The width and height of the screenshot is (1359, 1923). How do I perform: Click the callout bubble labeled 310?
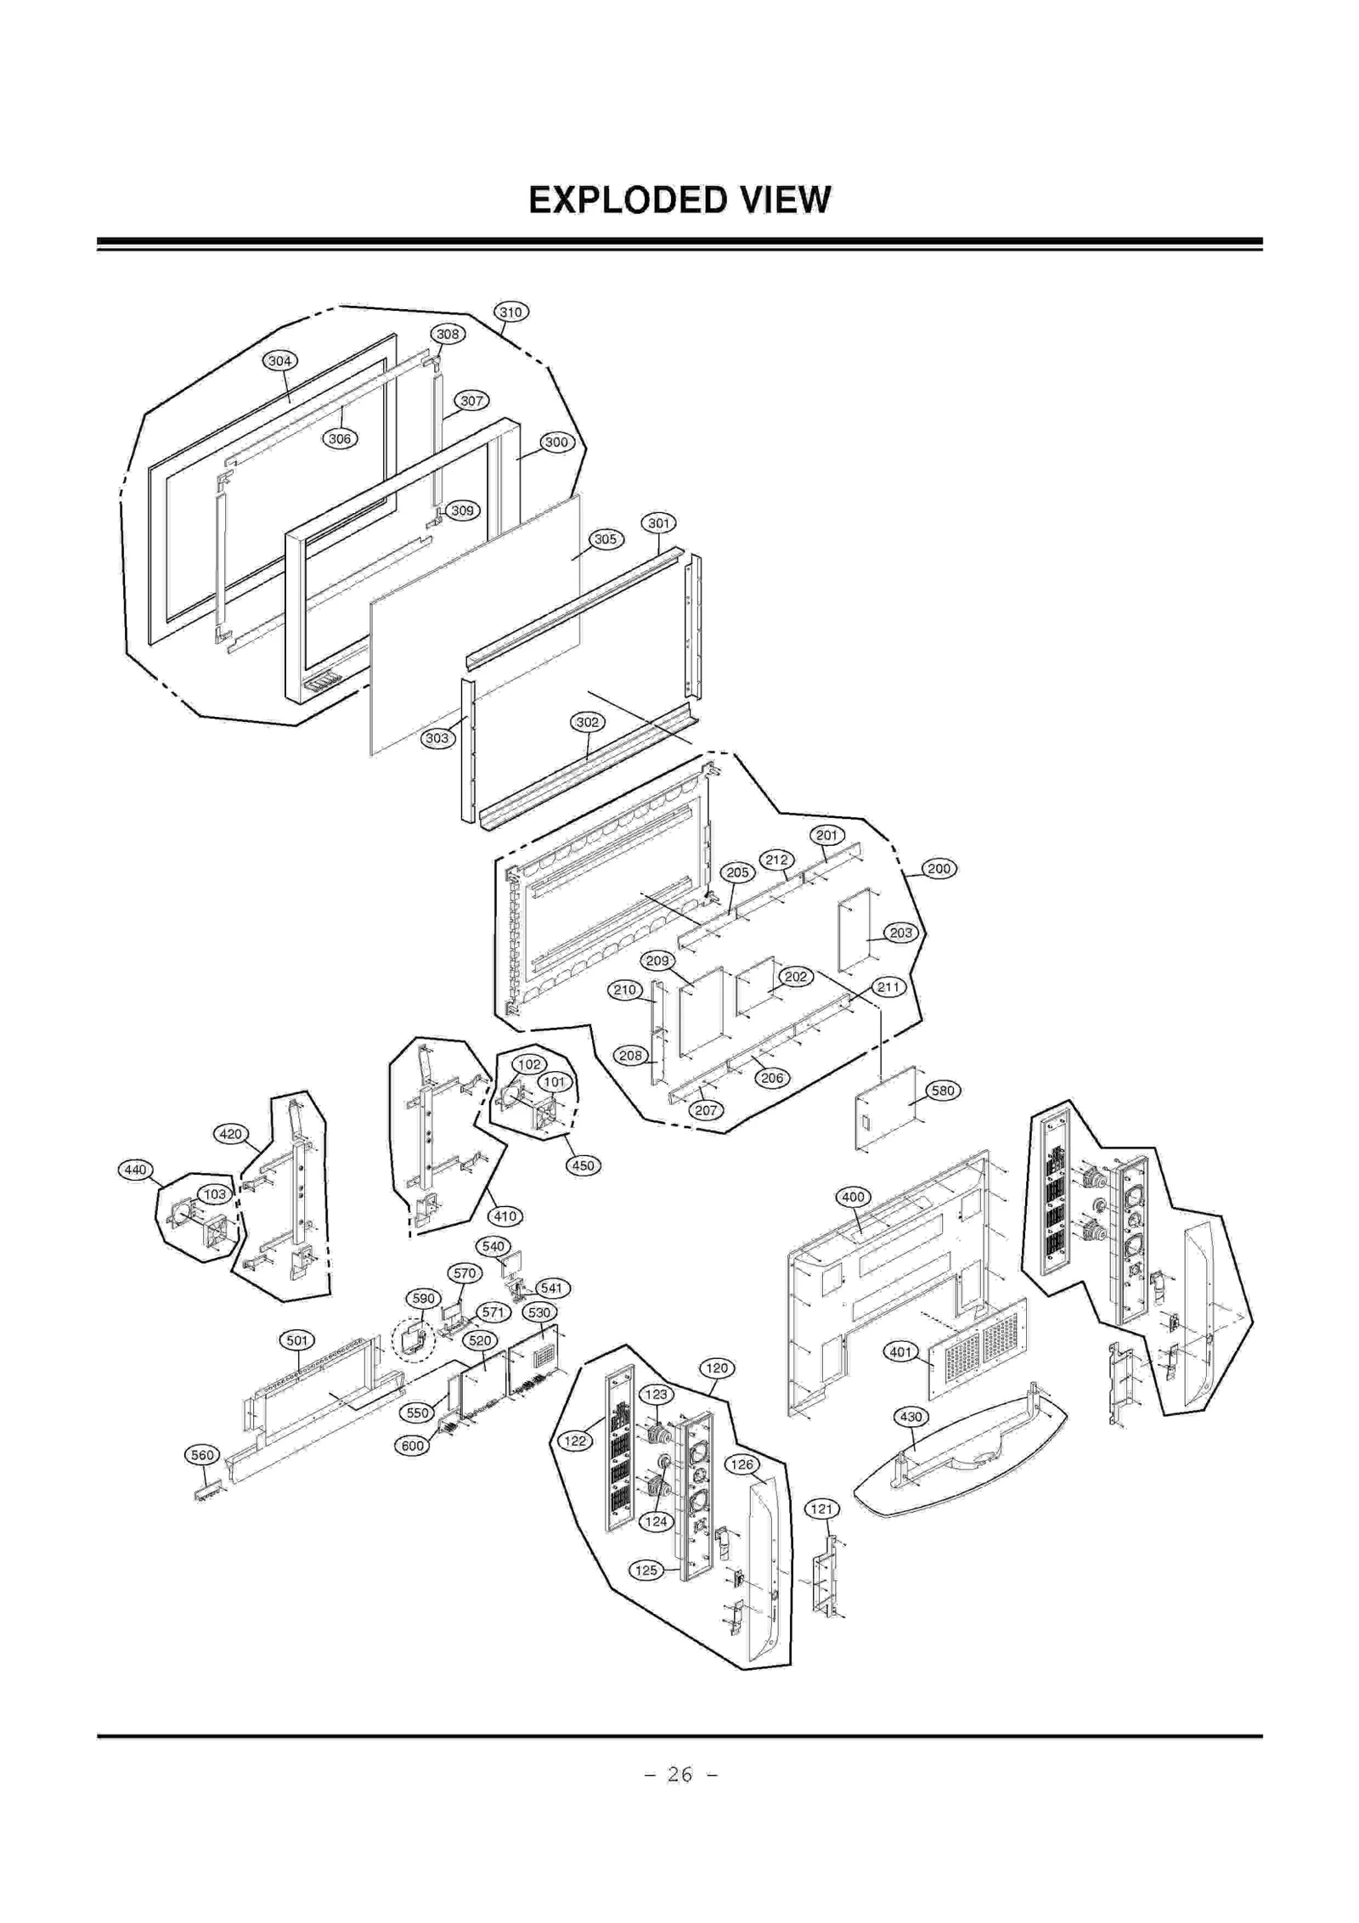pyautogui.click(x=510, y=312)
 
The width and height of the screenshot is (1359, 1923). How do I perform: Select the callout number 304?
pyautogui.click(x=280, y=361)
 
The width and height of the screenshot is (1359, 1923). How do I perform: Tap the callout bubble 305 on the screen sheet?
pyautogui.click(x=606, y=539)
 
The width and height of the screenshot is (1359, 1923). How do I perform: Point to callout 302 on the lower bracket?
pyautogui.click(x=588, y=722)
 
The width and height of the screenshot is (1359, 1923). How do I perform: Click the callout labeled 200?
pyautogui.click(x=939, y=869)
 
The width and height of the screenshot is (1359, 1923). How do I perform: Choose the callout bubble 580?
pyautogui.click(x=943, y=1091)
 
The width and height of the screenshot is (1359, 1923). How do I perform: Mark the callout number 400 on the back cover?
pyautogui.click(x=853, y=1197)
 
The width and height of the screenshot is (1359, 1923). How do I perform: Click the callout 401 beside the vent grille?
pyautogui.click(x=901, y=1352)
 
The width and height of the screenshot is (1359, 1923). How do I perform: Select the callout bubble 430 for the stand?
pyautogui.click(x=911, y=1417)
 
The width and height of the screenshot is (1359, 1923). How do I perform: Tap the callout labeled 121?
pyautogui.click(x=821, y=1509)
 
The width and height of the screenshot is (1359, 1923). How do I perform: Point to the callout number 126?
pyautogui.click(x=742, y=1464)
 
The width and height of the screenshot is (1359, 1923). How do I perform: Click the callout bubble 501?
pyautogui.click(x=297, y=1340)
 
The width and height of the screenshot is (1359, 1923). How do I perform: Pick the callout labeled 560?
pyautogui.click(x=202, y=1455)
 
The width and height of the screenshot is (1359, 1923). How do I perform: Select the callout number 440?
pyautogui.click(x=135, y=1170)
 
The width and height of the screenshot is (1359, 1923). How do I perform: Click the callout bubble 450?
pyautogui.click(x=584, y=1165)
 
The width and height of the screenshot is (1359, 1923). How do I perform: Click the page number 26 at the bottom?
pyautogui.click(x=679, y=1774)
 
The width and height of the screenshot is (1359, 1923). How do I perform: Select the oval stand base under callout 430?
pyautogui.click(x=960, y=1474)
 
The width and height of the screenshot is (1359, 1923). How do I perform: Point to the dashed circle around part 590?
pyautogui.click(x=413, y=1341)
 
